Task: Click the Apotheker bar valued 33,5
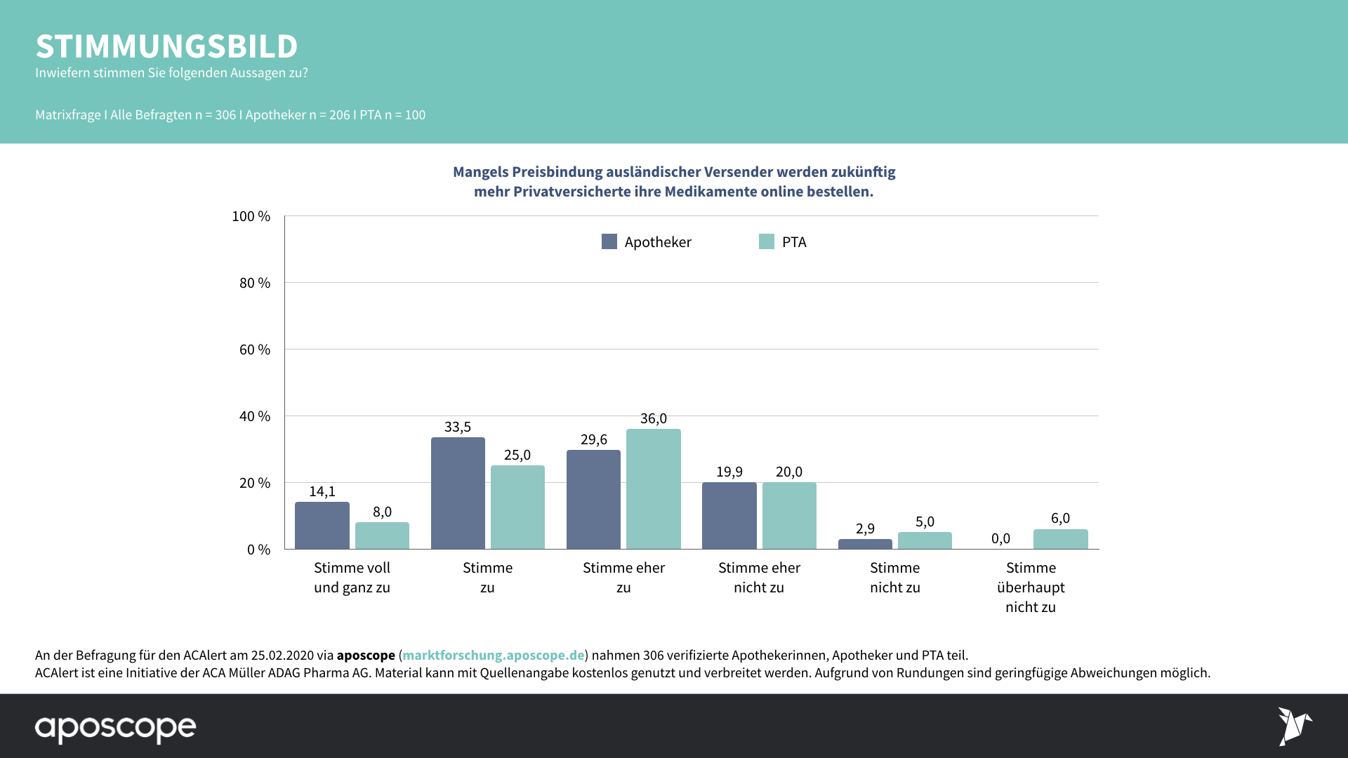(x=458, y=493)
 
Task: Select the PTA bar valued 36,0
(x=653, y=488)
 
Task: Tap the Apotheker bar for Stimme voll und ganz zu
(x=322, y=525)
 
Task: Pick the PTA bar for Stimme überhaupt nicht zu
(x=1060, y=539)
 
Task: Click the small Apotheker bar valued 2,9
(x=865, y=544)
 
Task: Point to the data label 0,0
(x=1000, y=538)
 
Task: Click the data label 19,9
(x=729, y=472)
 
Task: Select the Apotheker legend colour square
(x=609, y=241)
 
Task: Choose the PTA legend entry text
(x=794, y=242)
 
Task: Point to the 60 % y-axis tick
(x=254, y=350)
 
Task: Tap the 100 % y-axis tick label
(x=251, y=216)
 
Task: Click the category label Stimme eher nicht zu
(x=759, y=577)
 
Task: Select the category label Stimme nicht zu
(x=894, y=577)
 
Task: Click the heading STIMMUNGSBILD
(x=166, y=46)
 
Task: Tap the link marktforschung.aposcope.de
(x=493, y=655)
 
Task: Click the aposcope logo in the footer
(x=116, y=728)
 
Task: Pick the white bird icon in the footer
(x=1294, y=726)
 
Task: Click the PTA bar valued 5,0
(x=925, y=540)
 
